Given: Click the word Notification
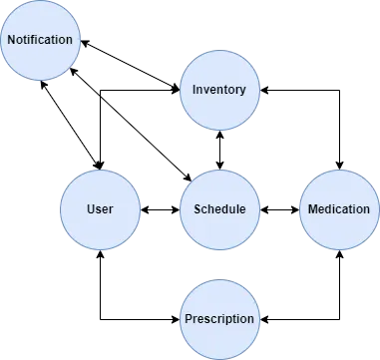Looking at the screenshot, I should (40, 40).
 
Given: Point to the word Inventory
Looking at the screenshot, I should (219, 90).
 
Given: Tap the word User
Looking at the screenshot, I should (100, 209).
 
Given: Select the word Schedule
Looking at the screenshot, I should (219, 209).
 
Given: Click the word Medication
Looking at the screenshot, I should (339, 209).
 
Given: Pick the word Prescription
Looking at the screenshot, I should (219, 319).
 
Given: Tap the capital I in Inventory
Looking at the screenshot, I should (193, 90).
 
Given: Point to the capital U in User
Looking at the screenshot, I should (91, 209).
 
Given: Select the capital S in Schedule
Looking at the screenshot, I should (196, 209).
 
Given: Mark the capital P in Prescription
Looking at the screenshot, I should (189, 319).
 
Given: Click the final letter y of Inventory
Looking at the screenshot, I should (242, 91).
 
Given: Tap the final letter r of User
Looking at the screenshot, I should (111, 209).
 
